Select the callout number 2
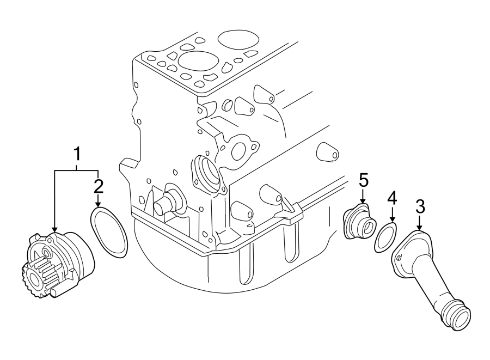click(x=98, y=186)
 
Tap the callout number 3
click(x=420, y=207)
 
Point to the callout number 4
click(x=392, y=199)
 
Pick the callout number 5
click(x=363, y=180)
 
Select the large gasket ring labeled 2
click(x=109, y=232)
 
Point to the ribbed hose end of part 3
click(x=457, y=316)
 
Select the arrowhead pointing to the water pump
click(x=54, y=230)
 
